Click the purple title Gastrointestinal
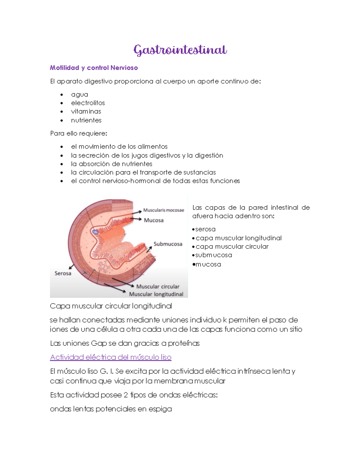pyautogui.click(x=180, y=50)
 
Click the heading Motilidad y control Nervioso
pyautogui.click(x=94, y=68)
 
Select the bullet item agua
pyautogui.click(x=79, y=95)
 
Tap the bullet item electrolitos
pyautogui.click(x=88, y=103)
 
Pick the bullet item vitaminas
pyautogui.click(x=86, y=111)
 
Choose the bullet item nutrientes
pyautogui.click(x=86, y=120)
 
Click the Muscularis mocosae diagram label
pyautogui.click(x=163, y=210)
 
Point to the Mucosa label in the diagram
pyautogui.click(x=154, y=220)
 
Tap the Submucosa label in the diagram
pyautogui.click(x=168, y=244)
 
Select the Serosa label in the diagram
pyautogui.click(x=63, y=273)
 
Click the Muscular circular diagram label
pyautogui.click(x=158, y=287)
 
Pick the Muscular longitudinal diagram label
pyautogui.click(x=156, y=294)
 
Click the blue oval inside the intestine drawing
pyautogui.click(x=95, y=232)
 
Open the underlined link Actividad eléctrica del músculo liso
pyautogui.click(x=111, y=357)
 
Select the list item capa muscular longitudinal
pyautogui.click(x=238, y=238)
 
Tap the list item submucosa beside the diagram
pyautogui.click(x=214, y=255)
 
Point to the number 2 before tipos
pyautogui.click(x=126, y=395)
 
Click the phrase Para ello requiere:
pyautogui.click(x=79, y=134)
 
